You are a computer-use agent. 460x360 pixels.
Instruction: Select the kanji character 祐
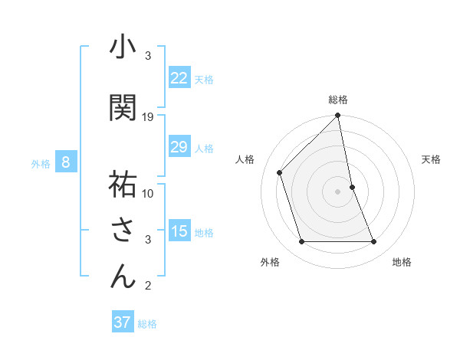123,185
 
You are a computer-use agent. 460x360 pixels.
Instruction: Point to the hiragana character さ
123,230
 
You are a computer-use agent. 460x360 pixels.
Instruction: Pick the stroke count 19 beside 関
148,117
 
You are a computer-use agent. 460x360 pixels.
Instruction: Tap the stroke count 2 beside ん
148,286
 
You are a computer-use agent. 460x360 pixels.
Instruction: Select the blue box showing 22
179,78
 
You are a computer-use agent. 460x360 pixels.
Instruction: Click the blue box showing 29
179,147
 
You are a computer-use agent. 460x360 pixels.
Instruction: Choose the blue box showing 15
179,231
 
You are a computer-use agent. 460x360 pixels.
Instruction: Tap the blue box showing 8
66,162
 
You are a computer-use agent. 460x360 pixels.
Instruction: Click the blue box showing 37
122,322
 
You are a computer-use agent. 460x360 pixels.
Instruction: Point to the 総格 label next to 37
147,324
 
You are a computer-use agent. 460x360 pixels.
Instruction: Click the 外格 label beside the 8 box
40,163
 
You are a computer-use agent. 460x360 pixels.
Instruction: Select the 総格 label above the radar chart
338,100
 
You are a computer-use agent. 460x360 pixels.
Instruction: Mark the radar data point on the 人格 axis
280,172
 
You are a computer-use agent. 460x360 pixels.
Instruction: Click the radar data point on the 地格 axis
374,242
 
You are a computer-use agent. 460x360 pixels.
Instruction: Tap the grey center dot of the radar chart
338,191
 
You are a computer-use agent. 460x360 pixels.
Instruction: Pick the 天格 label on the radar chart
432,159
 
